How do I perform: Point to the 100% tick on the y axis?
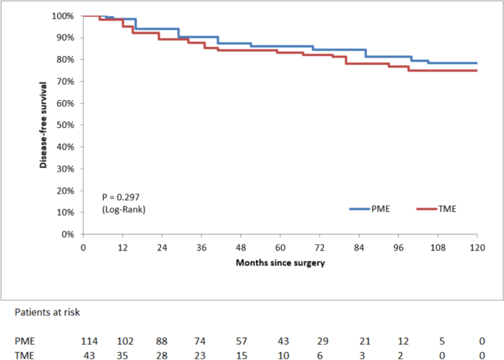pyautogui.click(x=63, y=15)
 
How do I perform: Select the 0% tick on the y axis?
pyautogui.click(x=67, y=234)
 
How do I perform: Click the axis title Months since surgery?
pyautogui.click(x=280, y=262)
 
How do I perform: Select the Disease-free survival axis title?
pyautogui.click(x=44, y=125)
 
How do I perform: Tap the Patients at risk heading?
pyautogui.click(x=49, y=312)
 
